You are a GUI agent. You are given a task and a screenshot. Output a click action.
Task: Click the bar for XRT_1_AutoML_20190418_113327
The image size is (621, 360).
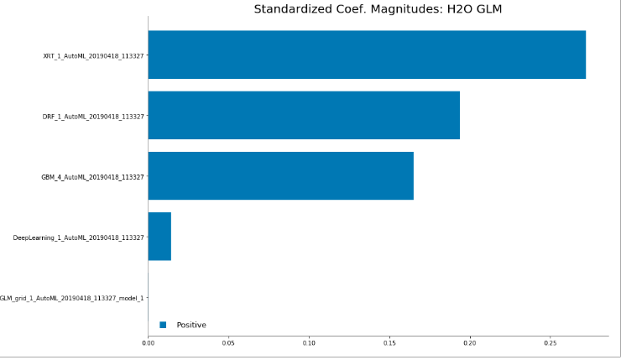367,55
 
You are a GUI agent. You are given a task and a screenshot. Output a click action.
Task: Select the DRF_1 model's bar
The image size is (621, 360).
304,115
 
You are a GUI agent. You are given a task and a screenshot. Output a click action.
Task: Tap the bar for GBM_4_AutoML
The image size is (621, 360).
281,176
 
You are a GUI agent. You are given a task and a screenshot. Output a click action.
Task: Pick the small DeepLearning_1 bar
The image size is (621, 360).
159,237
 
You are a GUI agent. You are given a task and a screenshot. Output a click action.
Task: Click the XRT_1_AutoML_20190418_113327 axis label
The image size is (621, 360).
93,56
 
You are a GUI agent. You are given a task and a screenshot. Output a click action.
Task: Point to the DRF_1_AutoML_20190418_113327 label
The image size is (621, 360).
93,117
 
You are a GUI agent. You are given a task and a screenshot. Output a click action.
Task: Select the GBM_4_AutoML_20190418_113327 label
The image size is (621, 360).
92,177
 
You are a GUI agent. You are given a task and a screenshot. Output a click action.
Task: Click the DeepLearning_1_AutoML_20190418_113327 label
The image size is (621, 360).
78,237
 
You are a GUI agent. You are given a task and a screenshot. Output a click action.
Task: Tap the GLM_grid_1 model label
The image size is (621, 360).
71,298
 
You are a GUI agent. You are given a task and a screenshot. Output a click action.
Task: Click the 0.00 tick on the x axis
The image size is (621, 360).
149,343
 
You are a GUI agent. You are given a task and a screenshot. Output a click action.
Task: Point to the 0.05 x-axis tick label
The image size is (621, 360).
228,343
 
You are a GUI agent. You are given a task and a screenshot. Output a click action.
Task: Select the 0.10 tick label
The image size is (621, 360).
309,343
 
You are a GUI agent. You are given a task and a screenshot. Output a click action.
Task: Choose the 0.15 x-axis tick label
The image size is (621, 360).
389,343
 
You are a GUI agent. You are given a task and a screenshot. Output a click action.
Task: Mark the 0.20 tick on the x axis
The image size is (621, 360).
470,343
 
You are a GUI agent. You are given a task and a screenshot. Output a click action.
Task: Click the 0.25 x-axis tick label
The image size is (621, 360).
551,343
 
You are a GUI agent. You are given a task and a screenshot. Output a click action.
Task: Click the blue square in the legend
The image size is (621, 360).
163,325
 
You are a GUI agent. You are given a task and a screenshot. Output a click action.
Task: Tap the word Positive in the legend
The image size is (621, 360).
191,325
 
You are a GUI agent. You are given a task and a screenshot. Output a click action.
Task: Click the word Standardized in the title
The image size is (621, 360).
295,9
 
